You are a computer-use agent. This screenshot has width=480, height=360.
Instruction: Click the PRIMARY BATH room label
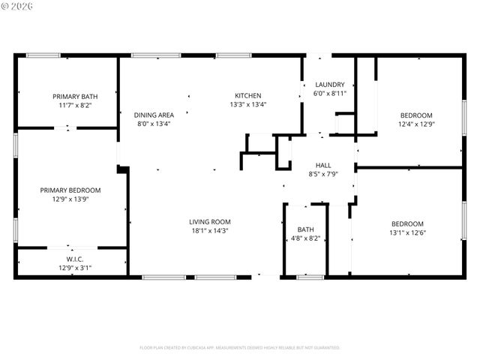click(x=75, y=96)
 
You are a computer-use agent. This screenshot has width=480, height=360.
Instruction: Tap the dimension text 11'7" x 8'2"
click(x=75, y=106)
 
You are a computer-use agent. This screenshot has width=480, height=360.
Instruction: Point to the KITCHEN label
click(x=248, y=95)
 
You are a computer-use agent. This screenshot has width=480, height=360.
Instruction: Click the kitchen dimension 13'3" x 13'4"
click(x=248, y=105)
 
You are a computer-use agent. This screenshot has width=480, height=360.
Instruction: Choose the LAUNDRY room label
click(x=330, y=84)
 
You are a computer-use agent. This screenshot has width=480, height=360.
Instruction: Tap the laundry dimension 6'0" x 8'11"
click(x=330, y=94)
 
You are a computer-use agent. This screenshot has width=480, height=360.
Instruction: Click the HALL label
click(x=323, y=165)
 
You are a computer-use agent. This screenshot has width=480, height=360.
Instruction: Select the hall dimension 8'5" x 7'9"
click(x=323, y=175)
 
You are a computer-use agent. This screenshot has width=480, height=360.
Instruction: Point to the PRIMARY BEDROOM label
click(x=70, y=190)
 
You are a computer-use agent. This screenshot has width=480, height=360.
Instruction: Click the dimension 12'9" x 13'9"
click(x=70, y=199)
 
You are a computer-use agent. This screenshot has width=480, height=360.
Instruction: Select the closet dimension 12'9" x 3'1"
click(x=70, y=267)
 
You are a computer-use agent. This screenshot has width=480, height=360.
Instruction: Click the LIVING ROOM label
click(x=209, y=221)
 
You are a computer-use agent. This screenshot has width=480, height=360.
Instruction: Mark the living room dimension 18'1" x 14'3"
click(x=209, y=232)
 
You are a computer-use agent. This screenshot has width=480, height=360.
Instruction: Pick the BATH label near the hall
click(x=305, y=229)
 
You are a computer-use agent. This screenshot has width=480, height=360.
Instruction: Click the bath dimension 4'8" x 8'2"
click(x=305, y=239)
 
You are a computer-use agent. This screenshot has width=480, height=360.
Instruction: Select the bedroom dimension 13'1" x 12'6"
click(x=407, y=233)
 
